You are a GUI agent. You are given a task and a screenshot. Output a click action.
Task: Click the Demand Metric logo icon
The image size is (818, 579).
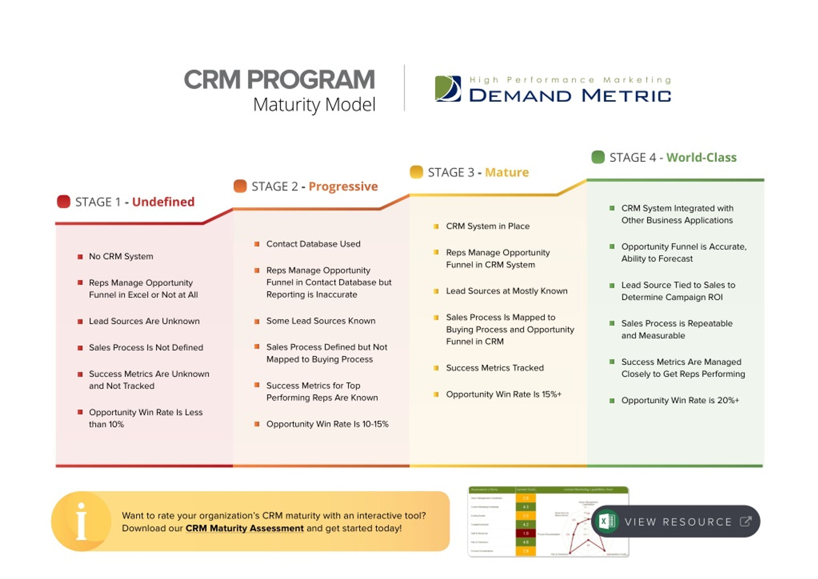click(x=448, y=89)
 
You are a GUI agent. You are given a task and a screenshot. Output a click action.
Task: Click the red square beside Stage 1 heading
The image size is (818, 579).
click(x=64, y=201)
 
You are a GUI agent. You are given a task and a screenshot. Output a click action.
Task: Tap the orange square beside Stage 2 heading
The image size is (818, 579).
click(x=240, y=186)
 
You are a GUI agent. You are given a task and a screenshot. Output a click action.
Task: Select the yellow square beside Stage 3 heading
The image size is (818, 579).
click(x=416, y=172)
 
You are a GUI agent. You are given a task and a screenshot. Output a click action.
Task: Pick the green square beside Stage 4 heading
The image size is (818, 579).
click(x=598, y=157)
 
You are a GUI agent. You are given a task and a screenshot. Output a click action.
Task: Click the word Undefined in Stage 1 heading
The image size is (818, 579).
click(x=163, y=202)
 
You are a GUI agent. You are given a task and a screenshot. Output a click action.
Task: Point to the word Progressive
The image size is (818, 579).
click(x=343, y=187)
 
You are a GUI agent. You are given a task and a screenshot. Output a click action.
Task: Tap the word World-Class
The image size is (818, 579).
click(x=701, y=158)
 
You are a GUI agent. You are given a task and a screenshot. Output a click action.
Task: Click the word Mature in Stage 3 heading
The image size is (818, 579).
click(x=506, y=173)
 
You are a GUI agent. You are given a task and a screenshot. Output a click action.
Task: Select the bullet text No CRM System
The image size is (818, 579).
click(x=121, y=256)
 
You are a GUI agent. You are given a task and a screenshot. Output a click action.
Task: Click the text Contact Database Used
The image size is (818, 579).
click(x=313, y=244)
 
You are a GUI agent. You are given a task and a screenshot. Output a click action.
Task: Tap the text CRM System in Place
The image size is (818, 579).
click(x=488, y=226)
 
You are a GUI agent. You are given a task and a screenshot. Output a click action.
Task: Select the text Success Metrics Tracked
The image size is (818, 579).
click(x=495, y=368)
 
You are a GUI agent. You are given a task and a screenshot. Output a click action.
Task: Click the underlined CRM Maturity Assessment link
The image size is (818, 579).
click(x=244, y=529)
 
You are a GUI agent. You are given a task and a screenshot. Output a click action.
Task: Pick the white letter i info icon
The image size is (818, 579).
click(x=81, y=521)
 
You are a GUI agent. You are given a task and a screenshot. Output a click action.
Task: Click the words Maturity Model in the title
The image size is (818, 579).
click(x=314, y=105)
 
